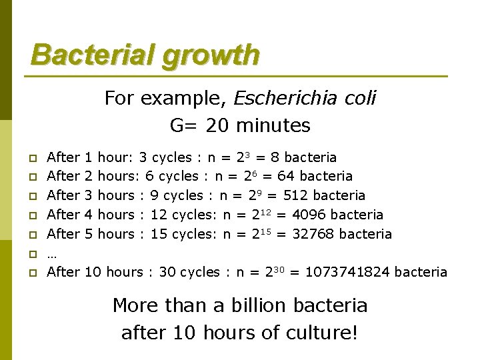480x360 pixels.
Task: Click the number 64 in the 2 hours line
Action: [x=287, y=176]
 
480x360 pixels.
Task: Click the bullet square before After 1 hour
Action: [x=31, y=159]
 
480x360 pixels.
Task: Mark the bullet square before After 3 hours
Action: [x=31, y=197]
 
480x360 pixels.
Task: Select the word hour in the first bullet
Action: [x=114, y=157]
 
